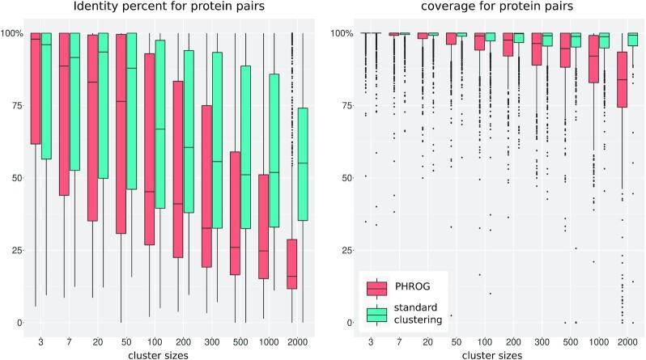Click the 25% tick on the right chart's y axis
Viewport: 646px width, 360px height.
pos(346,250)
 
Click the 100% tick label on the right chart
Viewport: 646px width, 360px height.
pos(343,33)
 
